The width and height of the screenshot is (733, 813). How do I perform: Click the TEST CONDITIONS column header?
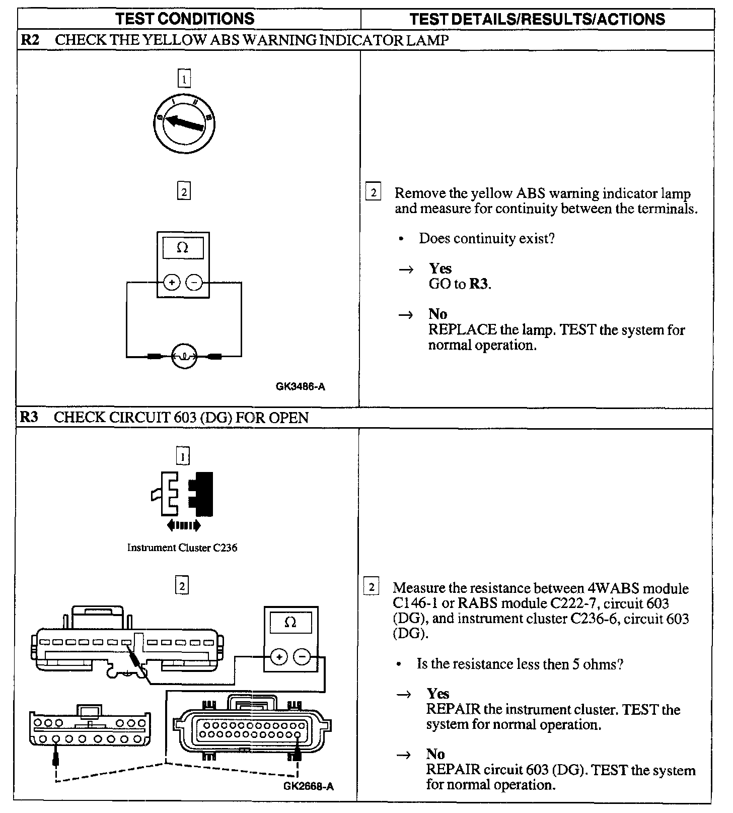coord(185,19)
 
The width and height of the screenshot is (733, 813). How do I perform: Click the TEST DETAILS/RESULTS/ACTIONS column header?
coord(537,19)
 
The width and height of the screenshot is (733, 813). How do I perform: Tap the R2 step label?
coord(30,40)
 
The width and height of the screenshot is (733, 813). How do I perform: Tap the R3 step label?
coord(29,418)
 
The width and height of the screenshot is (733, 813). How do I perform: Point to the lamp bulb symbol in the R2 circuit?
coord(184,357)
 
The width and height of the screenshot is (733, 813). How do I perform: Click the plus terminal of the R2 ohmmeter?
coord(172,283)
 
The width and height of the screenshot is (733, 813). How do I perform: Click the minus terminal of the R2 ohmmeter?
coord(194,283)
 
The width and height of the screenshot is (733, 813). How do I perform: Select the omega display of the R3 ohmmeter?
coord(290,623)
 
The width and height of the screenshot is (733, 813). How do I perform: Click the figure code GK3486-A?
coord(301,386)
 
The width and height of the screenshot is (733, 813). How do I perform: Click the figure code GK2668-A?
coord(309,786)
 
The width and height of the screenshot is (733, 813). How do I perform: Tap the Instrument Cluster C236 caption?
coord(182,548)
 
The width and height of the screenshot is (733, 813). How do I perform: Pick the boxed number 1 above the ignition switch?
coord(184,79)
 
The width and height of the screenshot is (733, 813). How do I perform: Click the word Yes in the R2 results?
coord(440,268)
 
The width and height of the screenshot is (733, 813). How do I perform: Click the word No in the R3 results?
coord(435,754)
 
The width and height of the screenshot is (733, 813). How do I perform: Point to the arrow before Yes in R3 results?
coord(405,695)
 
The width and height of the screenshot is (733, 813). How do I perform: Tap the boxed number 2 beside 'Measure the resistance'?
coord(372,587)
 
